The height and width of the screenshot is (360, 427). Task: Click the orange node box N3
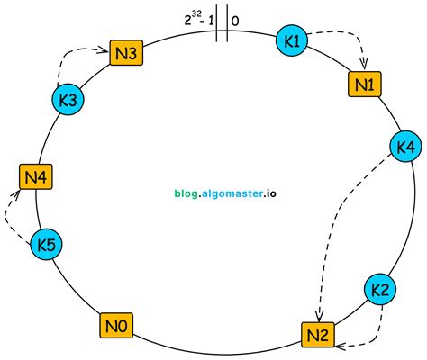point(125,53)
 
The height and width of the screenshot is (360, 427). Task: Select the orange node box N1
point(365,84)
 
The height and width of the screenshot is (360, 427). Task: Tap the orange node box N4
point(36,177)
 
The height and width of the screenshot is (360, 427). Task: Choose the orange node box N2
point(318,337)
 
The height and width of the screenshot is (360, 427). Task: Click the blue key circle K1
point(292,42)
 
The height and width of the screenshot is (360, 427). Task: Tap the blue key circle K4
point(405,145)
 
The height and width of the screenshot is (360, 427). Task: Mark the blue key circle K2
point(380,290)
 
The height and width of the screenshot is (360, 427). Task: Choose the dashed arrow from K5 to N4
point(8,212)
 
